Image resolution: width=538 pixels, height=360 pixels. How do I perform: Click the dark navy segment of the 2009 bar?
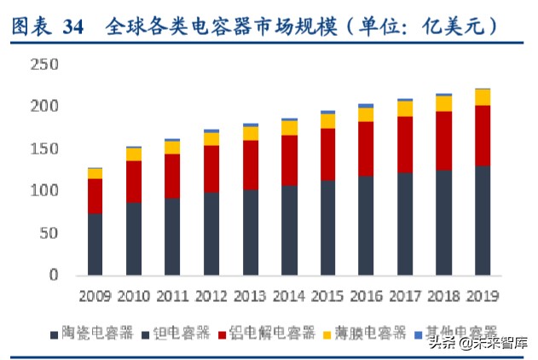95,244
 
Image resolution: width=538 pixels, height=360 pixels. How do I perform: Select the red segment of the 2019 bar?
483,136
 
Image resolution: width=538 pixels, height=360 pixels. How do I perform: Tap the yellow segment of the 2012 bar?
211,138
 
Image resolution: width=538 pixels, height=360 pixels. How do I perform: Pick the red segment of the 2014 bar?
289,160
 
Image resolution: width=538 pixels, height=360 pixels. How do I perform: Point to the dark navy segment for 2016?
366,225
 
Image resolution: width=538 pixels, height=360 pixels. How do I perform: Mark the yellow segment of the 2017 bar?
405,108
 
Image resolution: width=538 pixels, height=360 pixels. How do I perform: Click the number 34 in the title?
73,27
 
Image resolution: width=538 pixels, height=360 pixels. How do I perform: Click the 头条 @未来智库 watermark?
477,344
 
